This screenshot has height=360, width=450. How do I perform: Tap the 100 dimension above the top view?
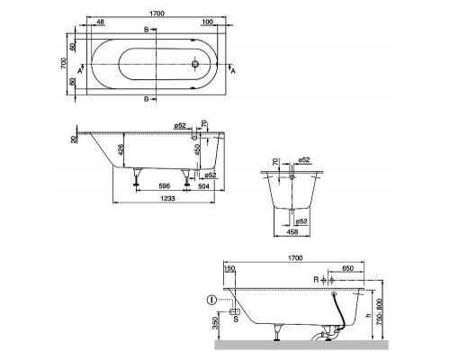pos(207,21)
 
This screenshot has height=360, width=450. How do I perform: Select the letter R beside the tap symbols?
pos(316,279)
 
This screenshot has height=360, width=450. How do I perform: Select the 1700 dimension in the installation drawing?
pos(295,256)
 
